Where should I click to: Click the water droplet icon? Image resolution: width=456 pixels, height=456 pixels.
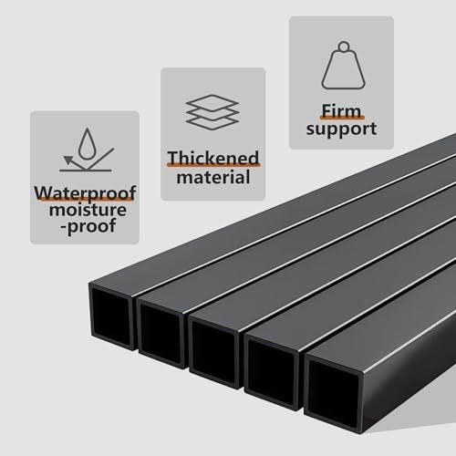click(88, 144)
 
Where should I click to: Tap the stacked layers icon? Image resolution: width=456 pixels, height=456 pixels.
click(212, 112)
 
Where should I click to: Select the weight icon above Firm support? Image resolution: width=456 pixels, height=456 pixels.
click(343, 66)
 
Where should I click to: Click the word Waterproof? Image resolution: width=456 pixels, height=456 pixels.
click(85, 192)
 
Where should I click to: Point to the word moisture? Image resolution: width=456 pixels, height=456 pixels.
click(88, 210)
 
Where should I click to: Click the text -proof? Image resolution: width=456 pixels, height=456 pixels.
click(88, 226)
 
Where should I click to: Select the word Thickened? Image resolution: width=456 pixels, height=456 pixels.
click(213, 158)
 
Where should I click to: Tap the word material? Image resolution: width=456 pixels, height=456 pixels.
click(213, 177)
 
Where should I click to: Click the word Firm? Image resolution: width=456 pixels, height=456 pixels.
click(341, 110)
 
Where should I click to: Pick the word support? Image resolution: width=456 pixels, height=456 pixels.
click(341, 129)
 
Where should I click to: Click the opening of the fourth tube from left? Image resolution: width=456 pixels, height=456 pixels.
click(272, 372)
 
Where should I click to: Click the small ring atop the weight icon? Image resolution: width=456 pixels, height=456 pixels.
click(344, 47)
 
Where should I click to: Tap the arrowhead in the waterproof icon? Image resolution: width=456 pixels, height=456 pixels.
click(67, 159)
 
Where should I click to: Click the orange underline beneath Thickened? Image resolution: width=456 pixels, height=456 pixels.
click(213, 165)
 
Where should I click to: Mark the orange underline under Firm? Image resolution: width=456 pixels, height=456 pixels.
click(342, 118)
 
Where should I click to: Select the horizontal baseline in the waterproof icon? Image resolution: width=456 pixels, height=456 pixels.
click(86, 171)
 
